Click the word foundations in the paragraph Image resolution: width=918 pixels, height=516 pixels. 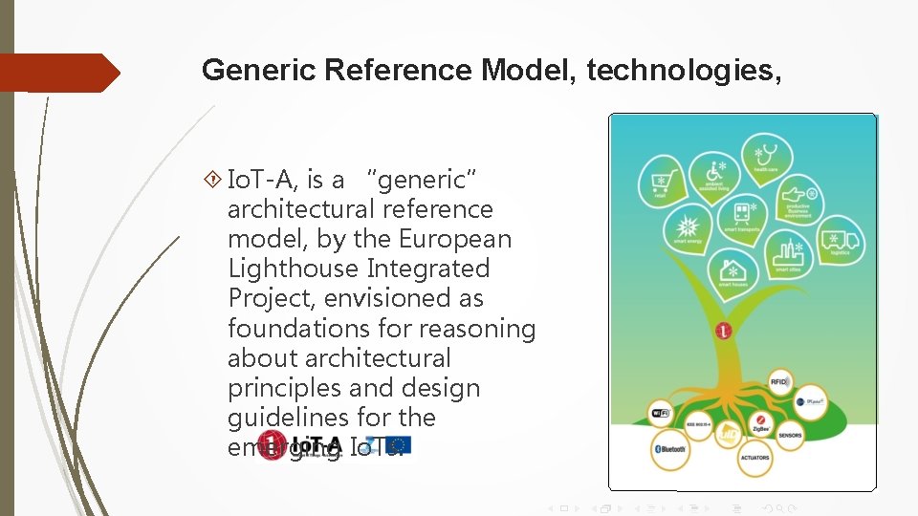pyautogui.click(x=301, y=328)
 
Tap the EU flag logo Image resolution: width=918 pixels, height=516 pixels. pyautogui.click(x=400, y=444)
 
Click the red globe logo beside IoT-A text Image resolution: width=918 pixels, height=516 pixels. pyautogui.click(x=271, y=445)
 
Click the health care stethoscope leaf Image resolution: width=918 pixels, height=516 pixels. pyautogui.click(x=766, y=156)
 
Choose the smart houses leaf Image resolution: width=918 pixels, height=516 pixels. pyautogui.click(x=732, y=271)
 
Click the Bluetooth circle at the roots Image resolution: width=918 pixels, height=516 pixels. pyautogui.click(x=669, y=450)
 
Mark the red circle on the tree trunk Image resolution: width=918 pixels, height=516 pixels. pyautogui.click(x=724, y=332)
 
